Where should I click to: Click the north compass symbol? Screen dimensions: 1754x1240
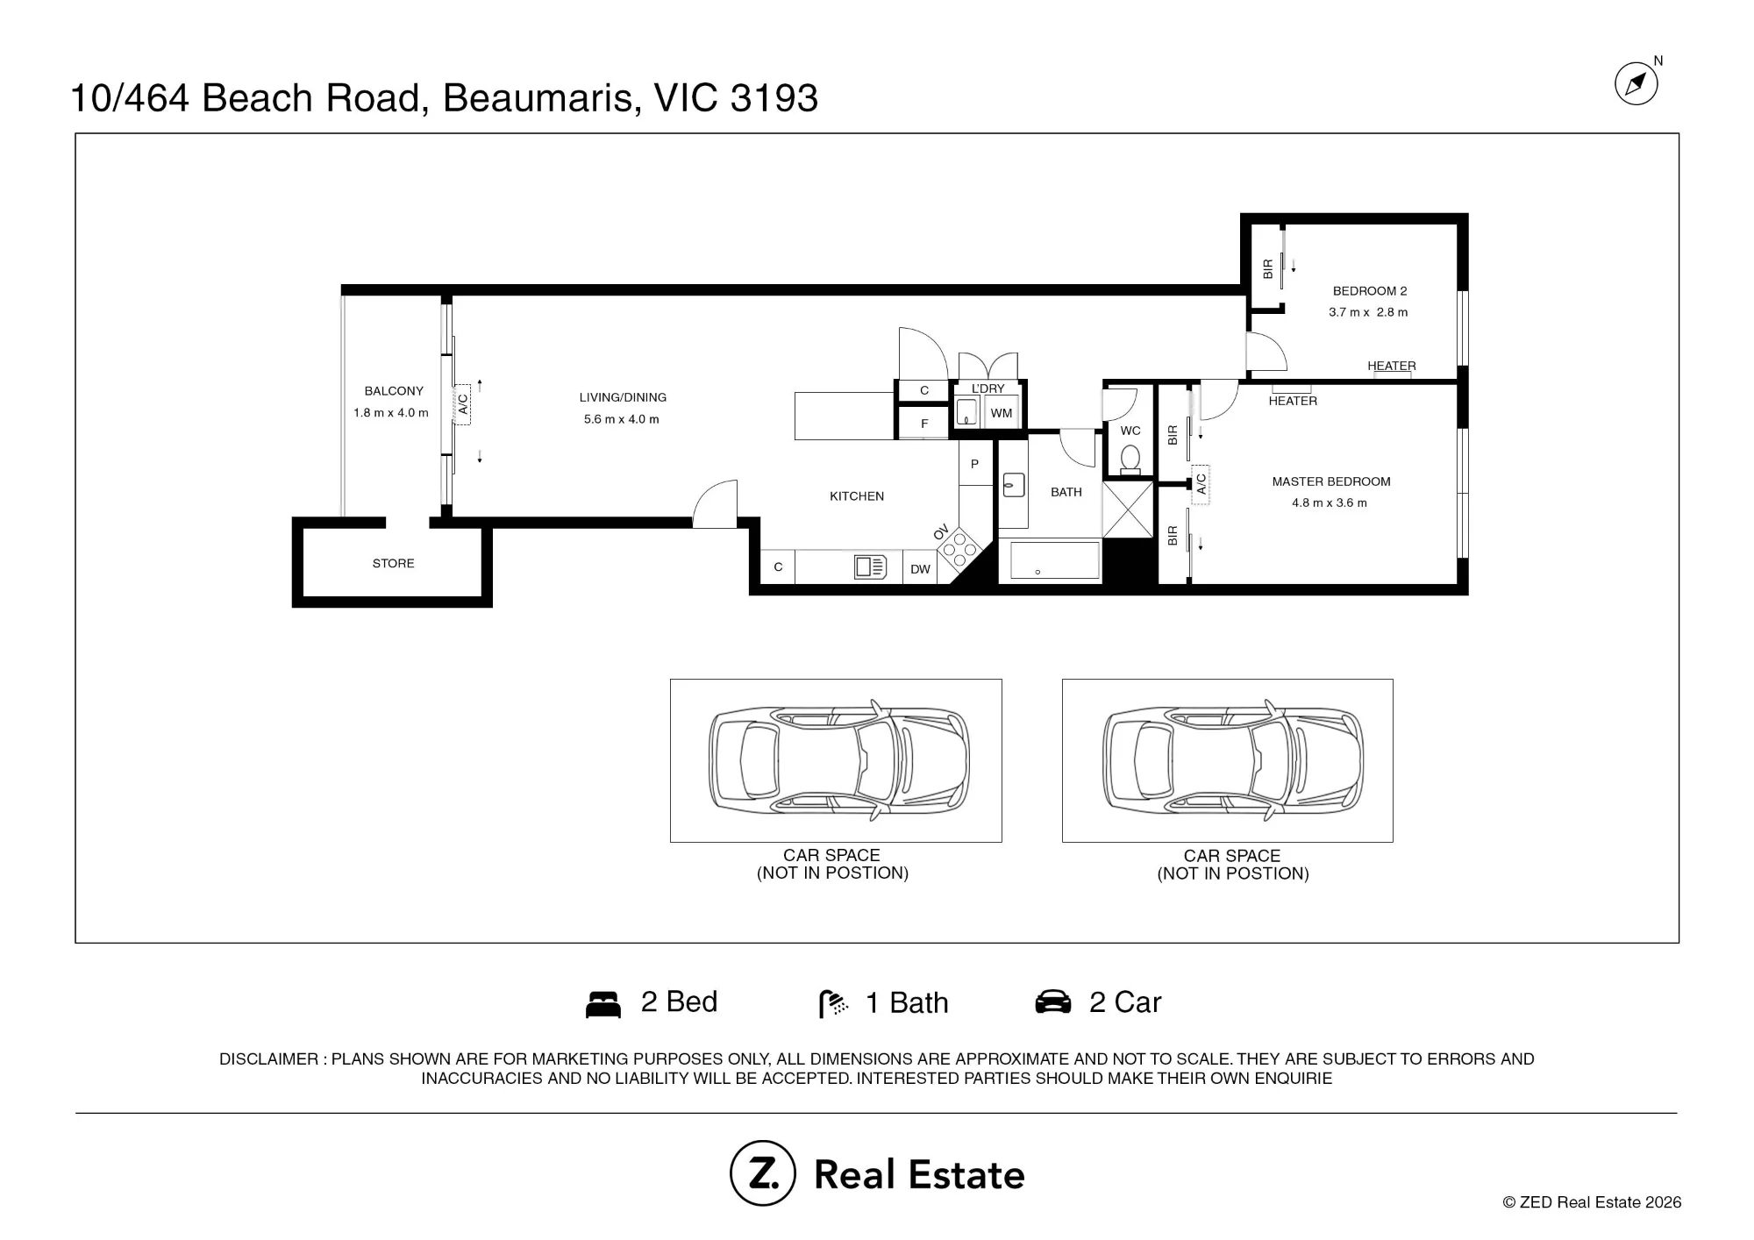[x=1636, y=84]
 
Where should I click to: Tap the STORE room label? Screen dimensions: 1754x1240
[x=393, y=563]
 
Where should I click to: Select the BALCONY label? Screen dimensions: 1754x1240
[x=394, y=391]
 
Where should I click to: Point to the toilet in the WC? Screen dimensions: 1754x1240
[x=1130, y=459]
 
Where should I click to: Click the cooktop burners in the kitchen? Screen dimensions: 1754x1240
[x=959, y=549]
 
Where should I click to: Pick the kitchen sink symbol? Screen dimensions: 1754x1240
[x=870, y=567]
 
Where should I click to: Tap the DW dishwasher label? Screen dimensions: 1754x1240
[x=920, y=569]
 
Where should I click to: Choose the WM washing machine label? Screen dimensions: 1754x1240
[x=1002, y=413]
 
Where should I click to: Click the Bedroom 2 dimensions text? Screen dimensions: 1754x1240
[x=1368, y=312]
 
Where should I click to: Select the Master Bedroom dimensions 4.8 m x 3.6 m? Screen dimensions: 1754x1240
[x=1330, y=503]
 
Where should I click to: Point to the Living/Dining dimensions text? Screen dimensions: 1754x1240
[x=622, y=419]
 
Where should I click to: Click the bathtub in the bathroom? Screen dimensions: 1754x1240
[x=1055, y=559]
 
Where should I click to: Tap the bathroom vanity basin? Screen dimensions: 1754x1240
[x=1014, y=485]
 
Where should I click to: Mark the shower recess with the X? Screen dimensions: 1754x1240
[x=1128, y=510]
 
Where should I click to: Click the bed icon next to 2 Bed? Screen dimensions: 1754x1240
[x=603, y=1004]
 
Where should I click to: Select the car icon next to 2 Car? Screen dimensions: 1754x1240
[x=1053, y=1002]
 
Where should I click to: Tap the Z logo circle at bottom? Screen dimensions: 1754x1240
[x=763, y=1173]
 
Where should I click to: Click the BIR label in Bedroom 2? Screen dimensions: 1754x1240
[x=1267, y=269]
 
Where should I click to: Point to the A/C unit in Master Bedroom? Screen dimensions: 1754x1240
[x=1201, y=484]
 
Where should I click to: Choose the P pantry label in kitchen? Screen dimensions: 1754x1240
[x=974, y=464]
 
